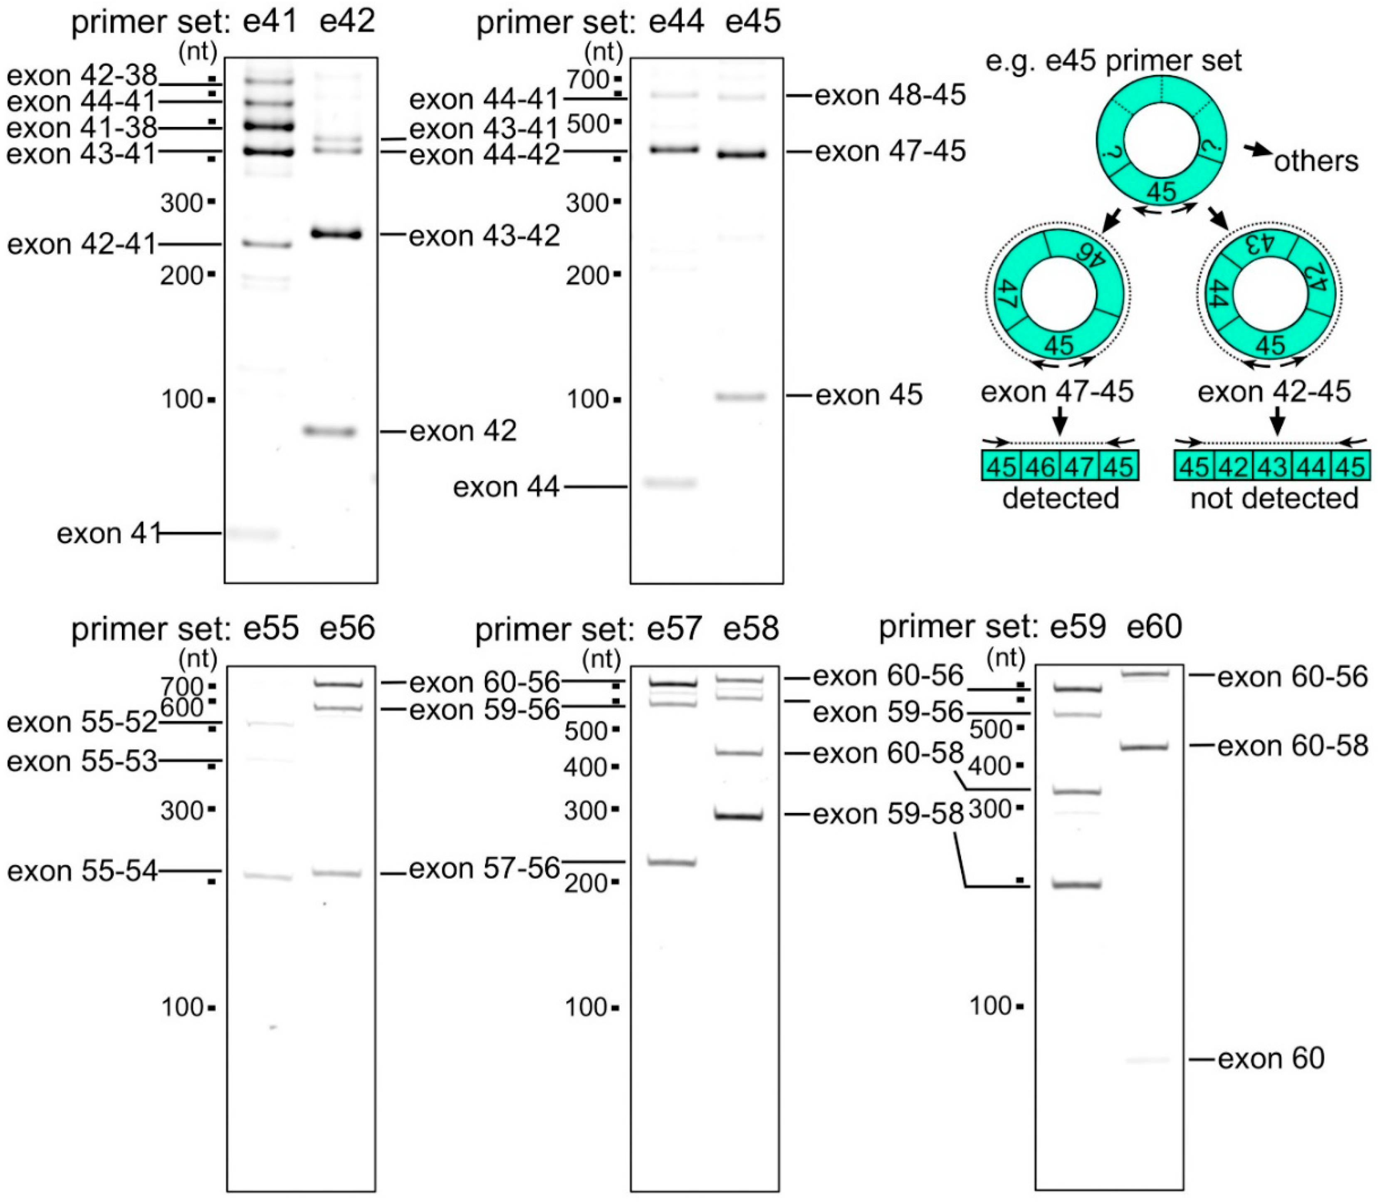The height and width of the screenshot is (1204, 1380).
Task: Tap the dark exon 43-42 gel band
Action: (336, 234)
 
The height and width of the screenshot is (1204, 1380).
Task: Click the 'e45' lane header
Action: (753, 22)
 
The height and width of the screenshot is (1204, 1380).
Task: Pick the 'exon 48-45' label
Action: (890, 95)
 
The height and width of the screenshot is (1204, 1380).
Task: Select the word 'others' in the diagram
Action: (1316, 161)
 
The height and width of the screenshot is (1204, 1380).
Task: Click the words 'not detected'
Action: (1274, 498)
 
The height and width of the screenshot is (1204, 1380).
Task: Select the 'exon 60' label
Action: (1271, 1059)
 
